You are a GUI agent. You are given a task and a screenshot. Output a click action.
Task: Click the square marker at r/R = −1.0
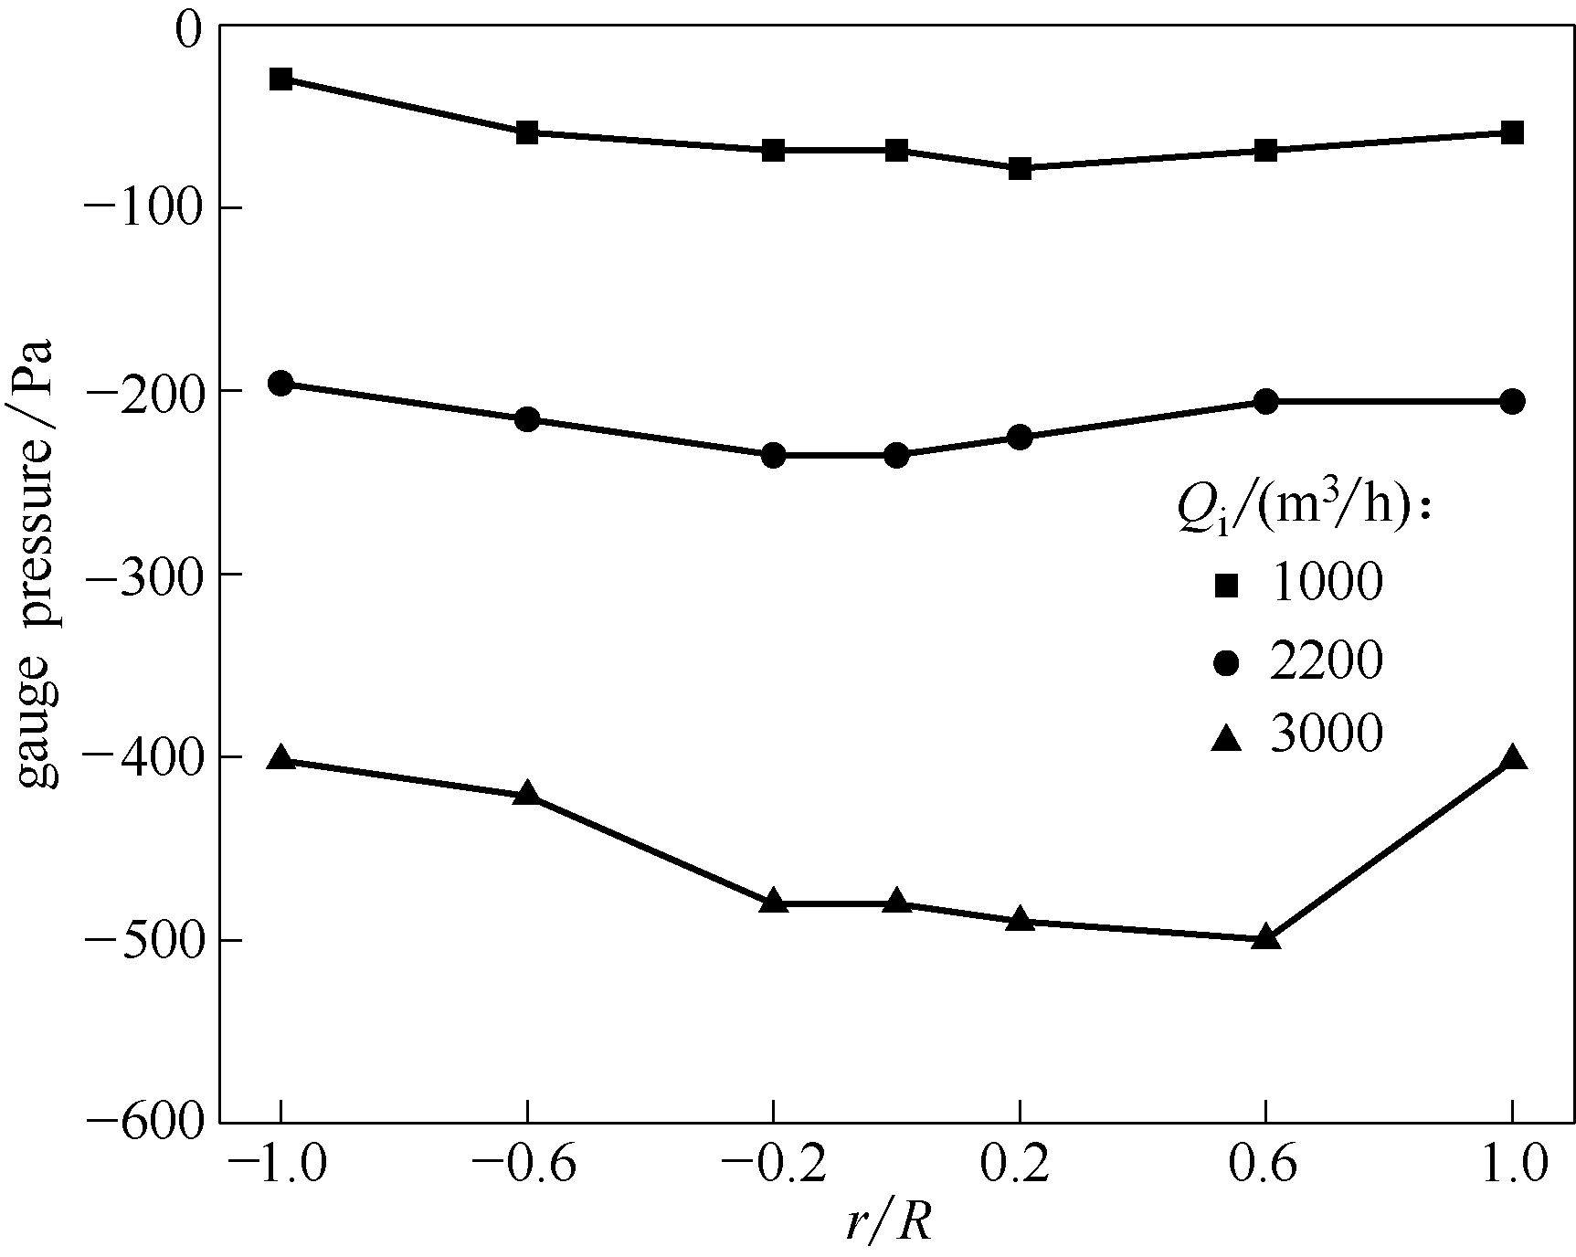coord(280,79)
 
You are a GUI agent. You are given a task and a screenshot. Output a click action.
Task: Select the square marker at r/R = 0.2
coord(1020,168)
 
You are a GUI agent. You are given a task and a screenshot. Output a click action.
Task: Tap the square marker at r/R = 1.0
coord(1512,132)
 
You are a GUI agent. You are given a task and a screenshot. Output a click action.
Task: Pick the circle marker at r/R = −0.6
coord(527,419)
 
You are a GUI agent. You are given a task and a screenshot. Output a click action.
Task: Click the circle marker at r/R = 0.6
coord(1265,401)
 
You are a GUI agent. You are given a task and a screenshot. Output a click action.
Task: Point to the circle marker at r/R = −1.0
coord(280,383)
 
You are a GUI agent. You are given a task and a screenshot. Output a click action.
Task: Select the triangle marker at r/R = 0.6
coord(1265,937)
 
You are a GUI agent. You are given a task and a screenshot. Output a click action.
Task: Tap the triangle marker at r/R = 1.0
coord(1512,758)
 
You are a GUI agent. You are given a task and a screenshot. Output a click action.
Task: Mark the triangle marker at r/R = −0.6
coord(527,793)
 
